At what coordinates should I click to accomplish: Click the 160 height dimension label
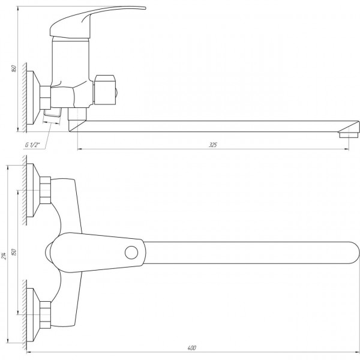click(x=14, y=68)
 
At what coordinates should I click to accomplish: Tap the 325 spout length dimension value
click(x=213, y=145)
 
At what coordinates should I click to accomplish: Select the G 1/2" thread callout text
click(x=32, y=145)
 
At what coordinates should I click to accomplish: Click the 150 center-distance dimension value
click(x=14, y=253)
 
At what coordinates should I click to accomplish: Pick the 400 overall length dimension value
click(x=192, y=348)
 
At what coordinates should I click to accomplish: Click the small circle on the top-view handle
click(x=131, y=253)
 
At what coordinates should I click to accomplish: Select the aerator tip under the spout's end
click(x=349, y=134)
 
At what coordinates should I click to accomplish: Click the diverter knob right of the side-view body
click(x=105, y=90)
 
